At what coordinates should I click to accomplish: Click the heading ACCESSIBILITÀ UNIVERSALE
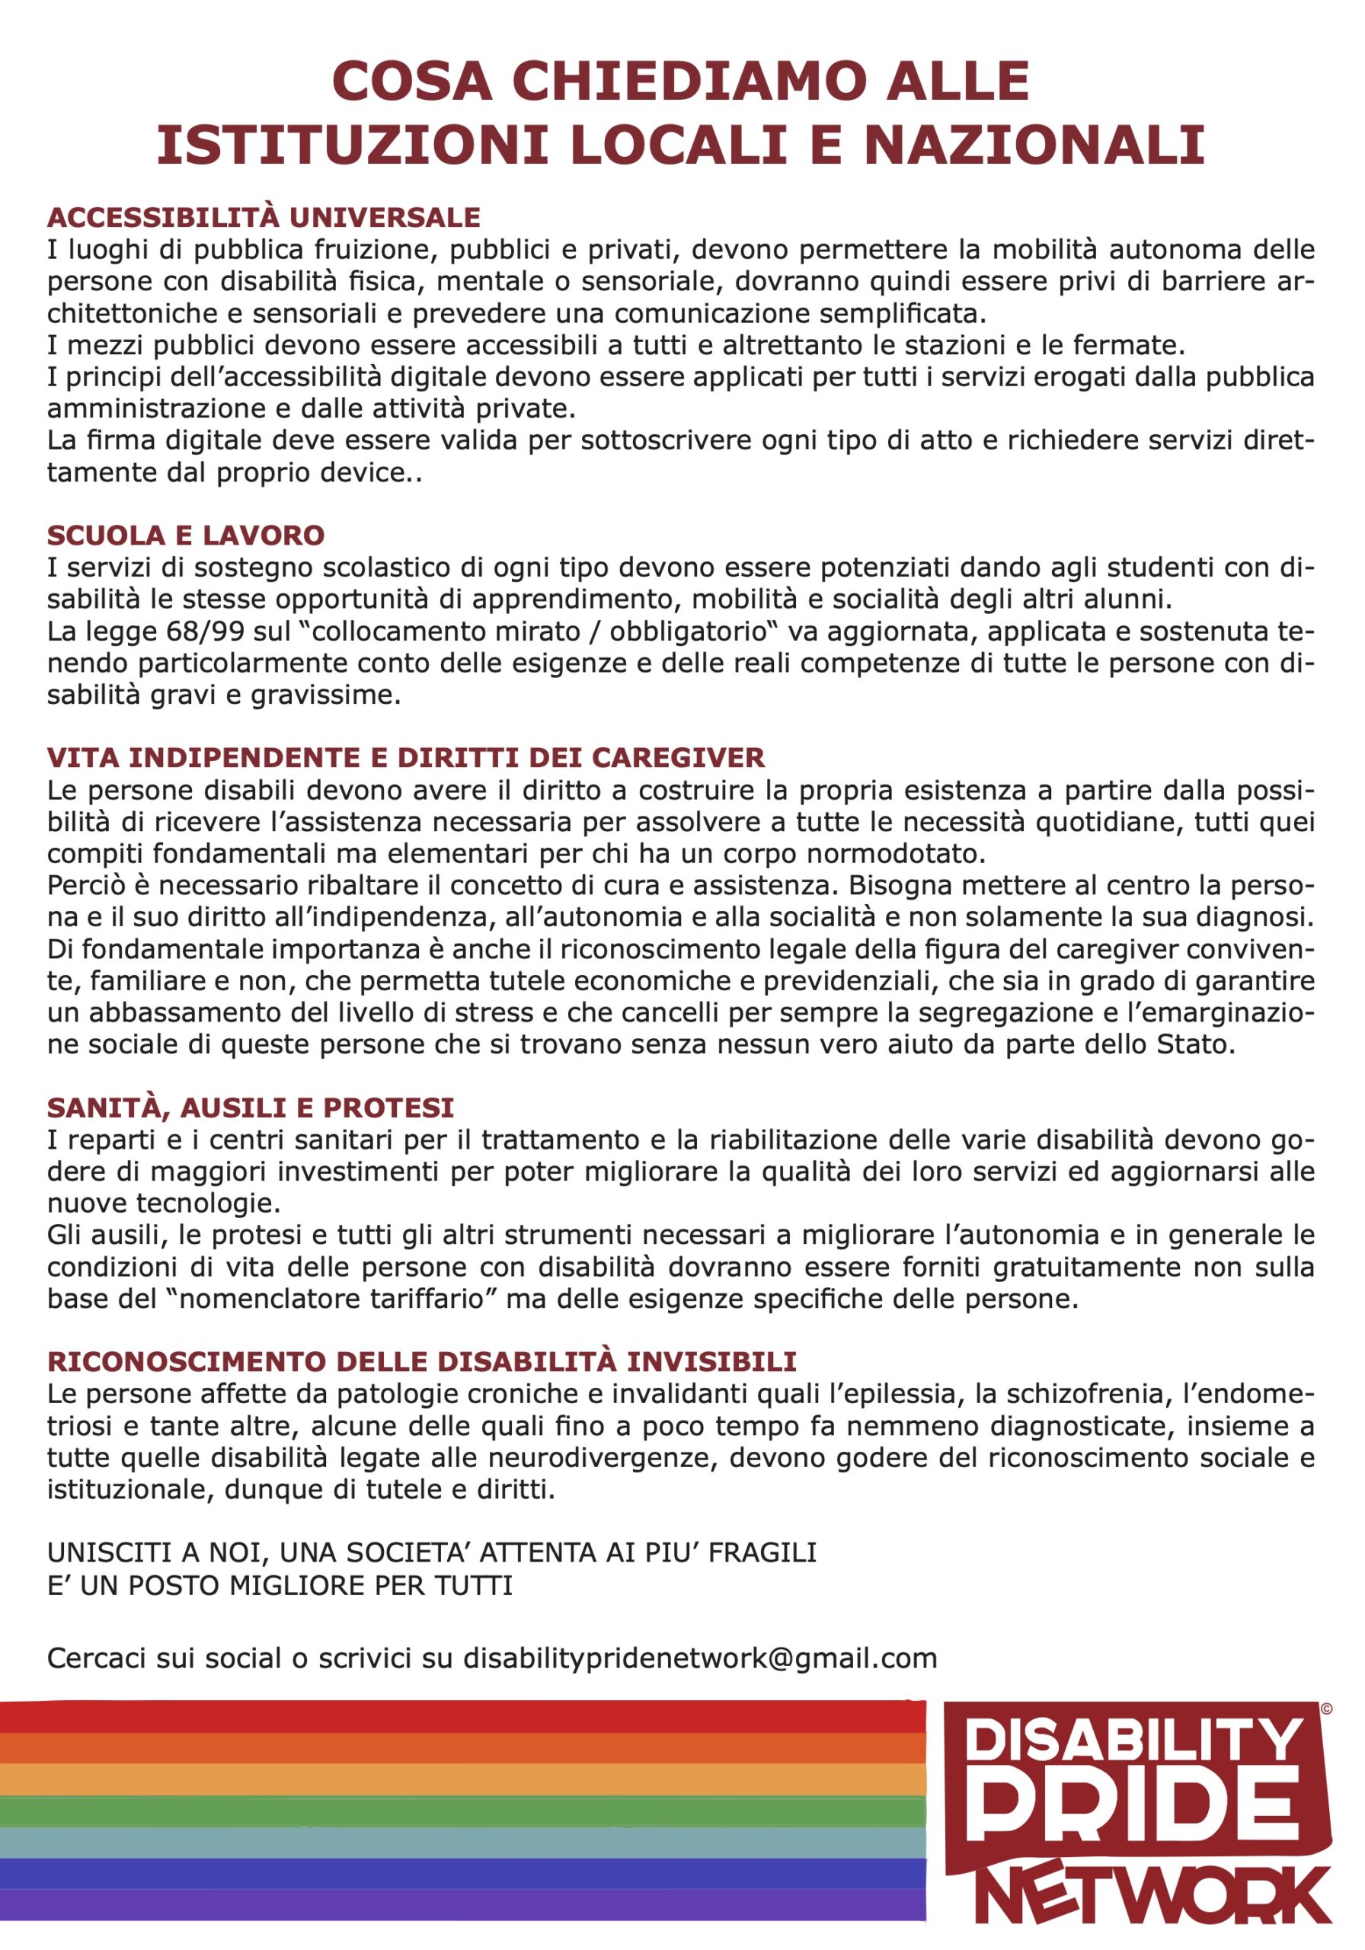coord(264,217)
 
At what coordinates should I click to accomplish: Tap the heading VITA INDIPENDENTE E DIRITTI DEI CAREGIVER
coord(406,758)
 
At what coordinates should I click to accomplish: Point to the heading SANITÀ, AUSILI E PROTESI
coord(251,1108)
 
